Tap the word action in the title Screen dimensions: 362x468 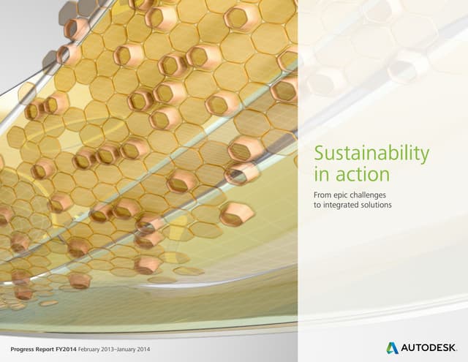[361, 175]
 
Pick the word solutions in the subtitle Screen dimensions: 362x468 [378, 205]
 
